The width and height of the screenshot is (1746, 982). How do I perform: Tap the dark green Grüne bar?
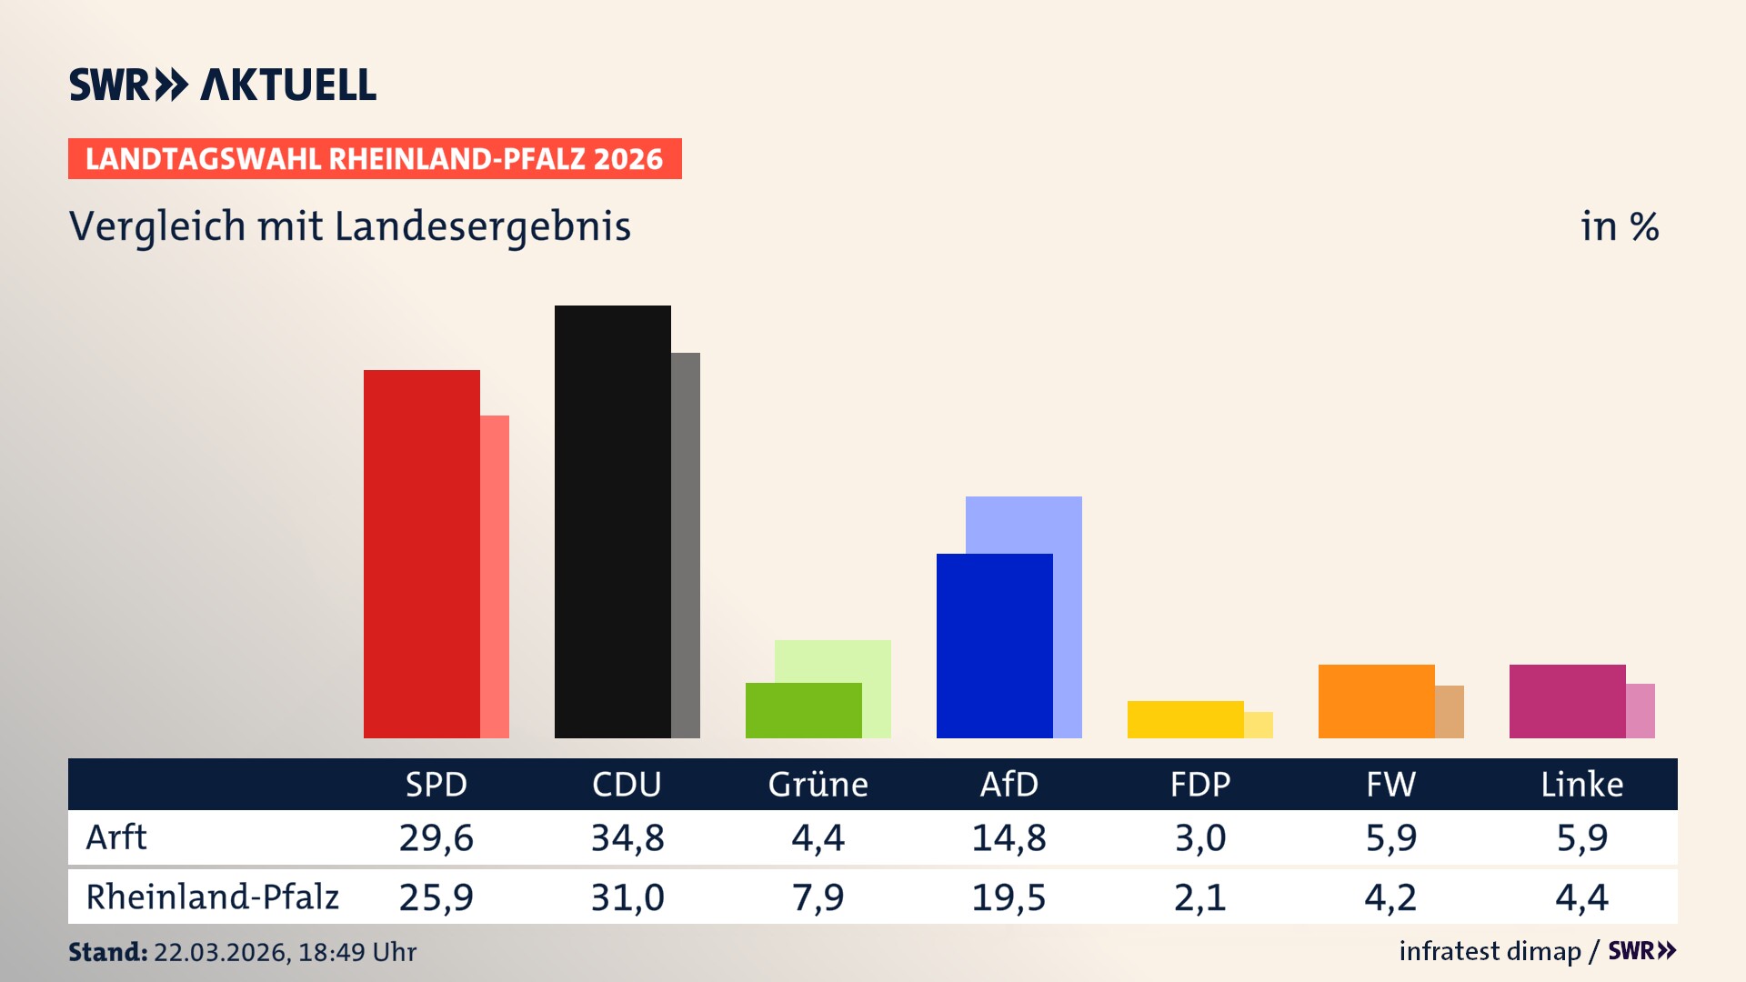pos(803,710)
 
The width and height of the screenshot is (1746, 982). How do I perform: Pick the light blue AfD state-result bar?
pos(1024,524)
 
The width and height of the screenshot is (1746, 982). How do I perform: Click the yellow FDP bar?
pos(1185,719)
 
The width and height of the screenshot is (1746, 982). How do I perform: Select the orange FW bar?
pos(1376,701)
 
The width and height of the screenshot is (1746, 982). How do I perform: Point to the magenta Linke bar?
pos(1567,701)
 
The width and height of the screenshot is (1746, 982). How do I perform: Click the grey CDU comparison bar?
pos(686,546)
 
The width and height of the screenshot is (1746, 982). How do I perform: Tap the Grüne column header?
pos(818,784)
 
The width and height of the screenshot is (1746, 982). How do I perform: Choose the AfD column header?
pos(1008,784)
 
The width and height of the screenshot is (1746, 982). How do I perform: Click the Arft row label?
pos(116,837)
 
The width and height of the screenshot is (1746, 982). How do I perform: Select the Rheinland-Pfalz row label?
pos(212,897)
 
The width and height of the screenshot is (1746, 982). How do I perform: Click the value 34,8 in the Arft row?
pos(627,837)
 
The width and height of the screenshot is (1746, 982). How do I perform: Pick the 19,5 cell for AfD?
pos(1008,897)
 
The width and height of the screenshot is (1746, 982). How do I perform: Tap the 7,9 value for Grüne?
pos(818,897)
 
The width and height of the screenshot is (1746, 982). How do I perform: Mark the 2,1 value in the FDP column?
pos(1199,897)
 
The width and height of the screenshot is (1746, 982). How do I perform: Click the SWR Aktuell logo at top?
pos(223,85)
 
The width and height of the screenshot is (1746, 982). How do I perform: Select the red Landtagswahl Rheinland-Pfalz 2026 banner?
pos(375,159)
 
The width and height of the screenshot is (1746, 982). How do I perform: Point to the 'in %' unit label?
pos(1619,226)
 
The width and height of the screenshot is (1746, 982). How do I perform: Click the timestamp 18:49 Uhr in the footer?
pos(356,952)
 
